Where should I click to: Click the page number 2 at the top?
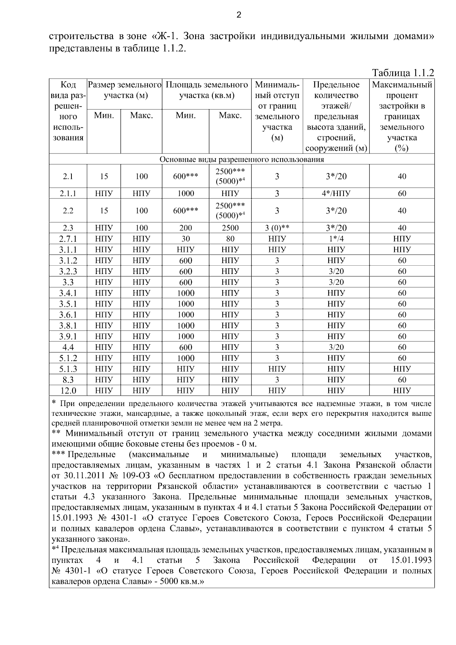coord(239,15)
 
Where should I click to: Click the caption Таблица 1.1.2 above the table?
coord(402,73)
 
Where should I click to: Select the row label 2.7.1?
coord(68,239)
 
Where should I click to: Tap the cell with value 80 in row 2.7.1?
coord(230,239)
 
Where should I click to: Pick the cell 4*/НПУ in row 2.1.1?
coord(336,193)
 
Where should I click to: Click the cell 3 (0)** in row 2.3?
coord(277,228)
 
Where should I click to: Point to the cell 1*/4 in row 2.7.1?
coord(336,239)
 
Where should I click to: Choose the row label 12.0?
coord(68,391)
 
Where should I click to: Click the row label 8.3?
coord(68,380)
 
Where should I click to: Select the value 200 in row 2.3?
coord(185,228)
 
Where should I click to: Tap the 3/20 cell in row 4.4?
coord(336,347)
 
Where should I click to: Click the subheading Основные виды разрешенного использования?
coord(242,159)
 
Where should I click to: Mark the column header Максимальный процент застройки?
coord(402,116)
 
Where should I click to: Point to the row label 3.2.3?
coord(68,271)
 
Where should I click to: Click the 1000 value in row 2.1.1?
coord(185,193)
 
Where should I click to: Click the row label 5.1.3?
coord(68,369)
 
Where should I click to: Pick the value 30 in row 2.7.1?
coord(185,239)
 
